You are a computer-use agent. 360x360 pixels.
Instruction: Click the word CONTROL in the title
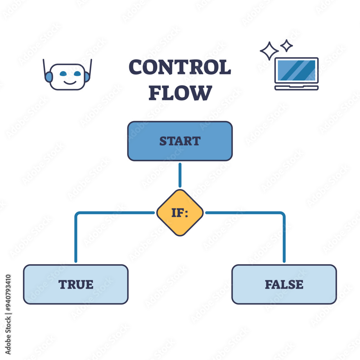point(180,68)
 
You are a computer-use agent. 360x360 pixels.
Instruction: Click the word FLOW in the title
point(180,93)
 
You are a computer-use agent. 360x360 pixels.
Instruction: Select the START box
point(180,141)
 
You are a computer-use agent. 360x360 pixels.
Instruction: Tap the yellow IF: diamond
point(180,213)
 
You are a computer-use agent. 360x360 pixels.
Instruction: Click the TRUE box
point(76,284)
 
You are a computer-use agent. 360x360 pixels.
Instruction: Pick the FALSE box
point(284,284)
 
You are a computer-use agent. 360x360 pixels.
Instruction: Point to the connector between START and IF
point(180,175)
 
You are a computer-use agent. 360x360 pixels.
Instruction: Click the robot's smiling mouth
point(70,83)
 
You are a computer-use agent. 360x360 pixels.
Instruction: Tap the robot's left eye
point(63,74)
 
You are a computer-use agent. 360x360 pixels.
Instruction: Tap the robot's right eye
point(77,74)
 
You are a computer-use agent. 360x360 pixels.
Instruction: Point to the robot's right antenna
point(90,67)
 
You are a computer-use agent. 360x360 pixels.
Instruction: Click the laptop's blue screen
point(297,70)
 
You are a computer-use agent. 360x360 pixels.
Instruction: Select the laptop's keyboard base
point(297,88)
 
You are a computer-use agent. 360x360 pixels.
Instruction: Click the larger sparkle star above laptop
point(269,51)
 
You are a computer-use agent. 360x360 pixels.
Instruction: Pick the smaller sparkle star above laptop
point(287,45)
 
